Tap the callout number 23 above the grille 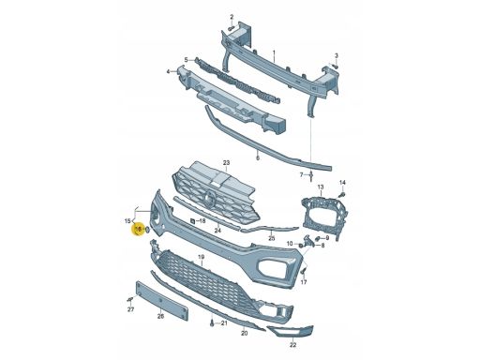coord(226,163)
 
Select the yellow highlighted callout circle coord(138,230)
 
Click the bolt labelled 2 coord(232,28)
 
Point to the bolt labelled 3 coord(335,67)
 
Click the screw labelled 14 coord(342,195)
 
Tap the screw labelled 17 coord(303,272)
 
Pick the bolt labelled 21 coord(213,323)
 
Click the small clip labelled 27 coord(130,300)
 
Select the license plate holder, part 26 coord(162,301)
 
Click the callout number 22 coord(292,345)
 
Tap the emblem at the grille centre coord(209,199)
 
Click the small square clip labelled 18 coord(193,221)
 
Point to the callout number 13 coord(321,187)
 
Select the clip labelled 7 coord(311,176)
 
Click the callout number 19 coord(201,257)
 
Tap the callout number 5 coord(186,60)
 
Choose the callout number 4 coord(168,71)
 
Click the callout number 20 coord(245,333)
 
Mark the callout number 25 coord(272,238)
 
